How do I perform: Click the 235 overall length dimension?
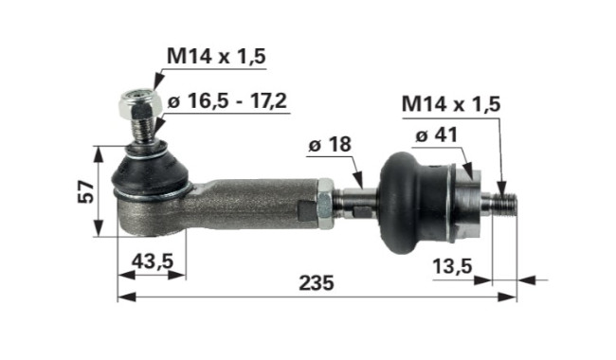[317, 282]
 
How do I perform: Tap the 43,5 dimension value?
[152, 261]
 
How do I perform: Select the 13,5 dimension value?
[452, 266]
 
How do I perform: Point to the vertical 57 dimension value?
[86, 191]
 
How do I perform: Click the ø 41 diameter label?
[437, 135]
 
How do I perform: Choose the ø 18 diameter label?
[330, 144]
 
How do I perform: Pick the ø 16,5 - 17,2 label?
[227, 101]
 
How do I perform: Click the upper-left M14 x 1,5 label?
[216, 56]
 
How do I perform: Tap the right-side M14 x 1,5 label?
[451, 104]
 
